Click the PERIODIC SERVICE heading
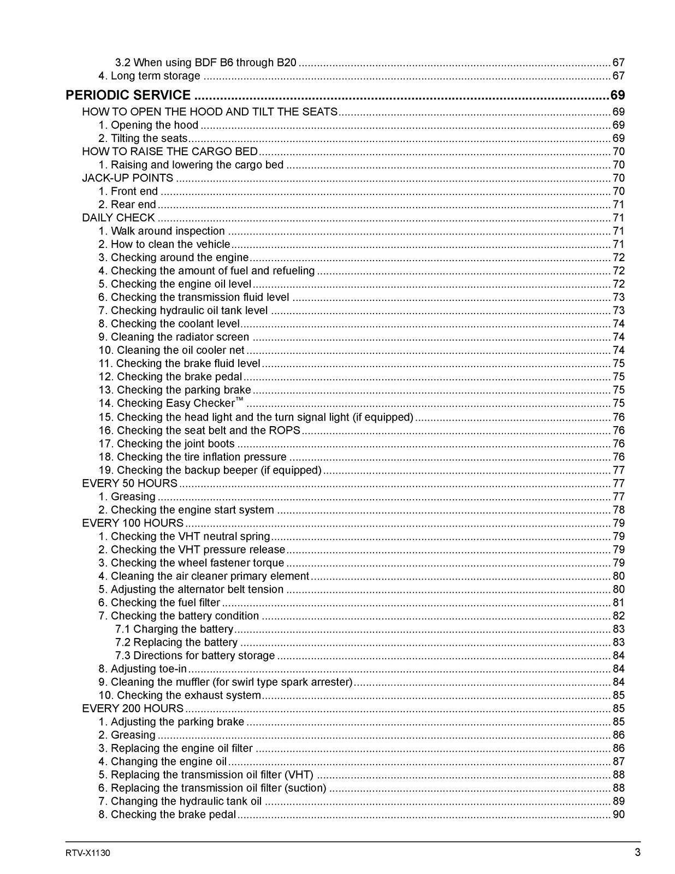128,95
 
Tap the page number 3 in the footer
637,852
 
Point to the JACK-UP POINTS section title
127,178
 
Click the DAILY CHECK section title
118,218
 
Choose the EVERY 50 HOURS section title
129,483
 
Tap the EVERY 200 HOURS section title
133,708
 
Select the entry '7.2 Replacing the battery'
176,642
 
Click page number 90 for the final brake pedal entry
618,814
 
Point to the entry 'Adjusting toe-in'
143,669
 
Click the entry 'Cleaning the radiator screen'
174,337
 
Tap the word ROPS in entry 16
285,430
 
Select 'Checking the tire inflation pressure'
192,457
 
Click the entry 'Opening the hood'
148,125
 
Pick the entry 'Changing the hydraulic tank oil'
180,801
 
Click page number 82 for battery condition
618,616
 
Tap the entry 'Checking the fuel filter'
159,603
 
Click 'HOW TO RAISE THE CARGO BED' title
169,151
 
